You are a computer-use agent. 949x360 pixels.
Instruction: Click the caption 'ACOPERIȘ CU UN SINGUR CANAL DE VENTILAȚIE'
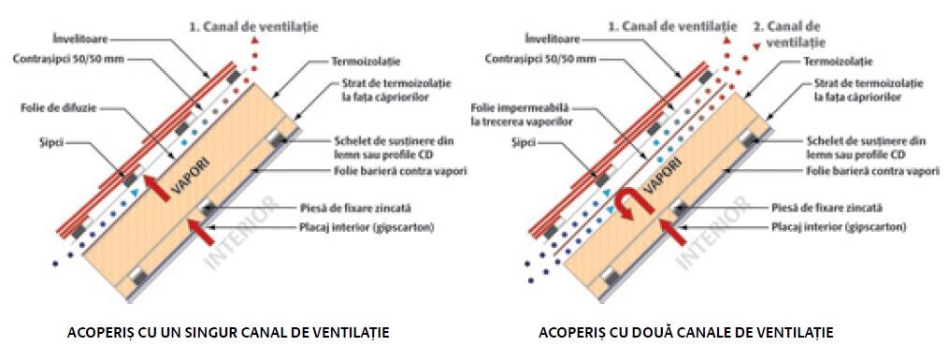tap(228, 332)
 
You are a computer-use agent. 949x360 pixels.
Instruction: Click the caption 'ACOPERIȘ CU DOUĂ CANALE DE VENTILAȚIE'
tap(685, 332)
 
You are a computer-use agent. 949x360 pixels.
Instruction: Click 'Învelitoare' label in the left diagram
tap(81, 40)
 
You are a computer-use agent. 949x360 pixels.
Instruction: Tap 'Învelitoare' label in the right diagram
tap(552, 40)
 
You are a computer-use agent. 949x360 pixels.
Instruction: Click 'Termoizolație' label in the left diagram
tap(365, 62)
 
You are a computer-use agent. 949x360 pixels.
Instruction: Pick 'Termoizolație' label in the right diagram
tap(838, 62)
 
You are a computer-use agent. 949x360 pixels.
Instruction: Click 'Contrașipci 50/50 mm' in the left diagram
tap(68, 60)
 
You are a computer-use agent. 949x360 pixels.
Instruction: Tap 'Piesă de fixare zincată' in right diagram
tap(827, 208)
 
